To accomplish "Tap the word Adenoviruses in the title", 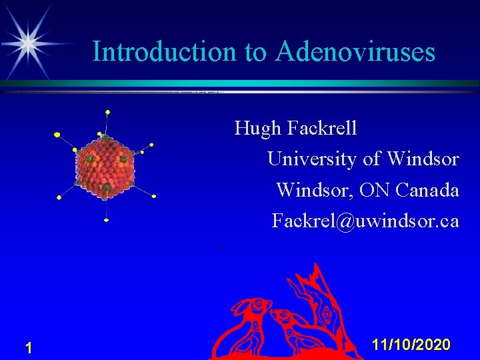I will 355,51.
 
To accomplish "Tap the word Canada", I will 427,190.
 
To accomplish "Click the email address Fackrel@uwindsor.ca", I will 365,221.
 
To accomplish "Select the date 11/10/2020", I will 411,345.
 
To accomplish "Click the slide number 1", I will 29,347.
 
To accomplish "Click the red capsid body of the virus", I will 105,164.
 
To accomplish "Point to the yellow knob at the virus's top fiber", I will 108,111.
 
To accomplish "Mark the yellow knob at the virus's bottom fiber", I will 107,220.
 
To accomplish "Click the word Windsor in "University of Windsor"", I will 423,159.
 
